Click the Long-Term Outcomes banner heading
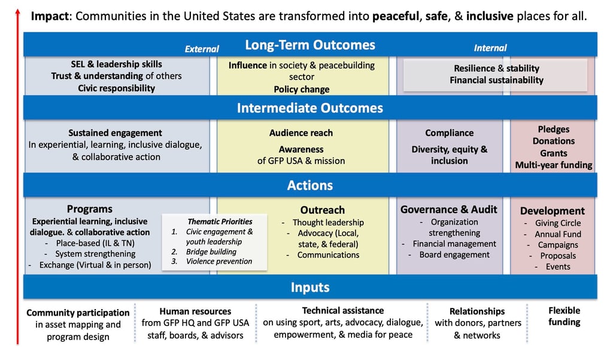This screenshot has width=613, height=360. point(309,45)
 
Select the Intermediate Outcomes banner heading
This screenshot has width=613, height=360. point(309,108)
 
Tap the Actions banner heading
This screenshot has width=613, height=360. point(309,186)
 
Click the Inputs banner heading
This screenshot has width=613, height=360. point(309,287)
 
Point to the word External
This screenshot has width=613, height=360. point(202,49)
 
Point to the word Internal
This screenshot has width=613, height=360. point(490,48)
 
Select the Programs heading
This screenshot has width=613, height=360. point(90,209)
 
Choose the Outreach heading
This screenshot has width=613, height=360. point(322,210)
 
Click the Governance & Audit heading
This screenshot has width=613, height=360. point(449,209)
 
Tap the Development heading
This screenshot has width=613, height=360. point(552,210)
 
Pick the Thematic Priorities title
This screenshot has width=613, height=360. point(220,221)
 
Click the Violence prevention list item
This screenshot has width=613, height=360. point(219,261)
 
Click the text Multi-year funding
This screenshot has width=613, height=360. point(553,165)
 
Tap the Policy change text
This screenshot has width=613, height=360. point(302,89)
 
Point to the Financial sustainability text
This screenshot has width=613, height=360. point(496,80)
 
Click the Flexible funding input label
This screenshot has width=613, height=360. point(564,316)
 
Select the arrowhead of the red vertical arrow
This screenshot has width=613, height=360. point(18,12)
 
